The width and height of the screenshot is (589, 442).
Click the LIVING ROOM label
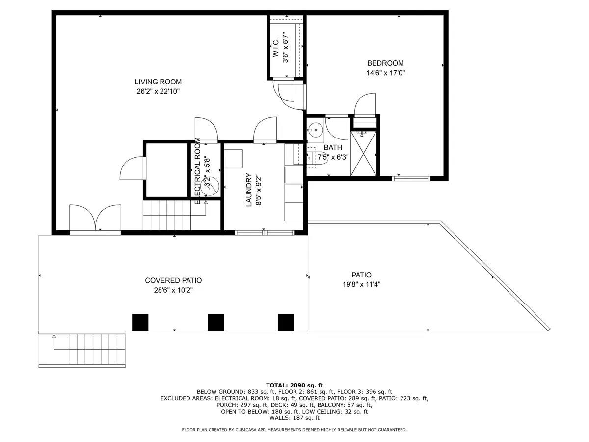(158, 82)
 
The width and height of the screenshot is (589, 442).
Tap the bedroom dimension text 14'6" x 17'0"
(385, 73)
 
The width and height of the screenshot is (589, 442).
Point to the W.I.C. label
(276, 48)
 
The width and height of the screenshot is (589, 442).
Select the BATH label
(333, 147)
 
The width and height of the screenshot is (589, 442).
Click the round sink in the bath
(315, 130)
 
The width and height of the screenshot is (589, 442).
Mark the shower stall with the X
(363, 154)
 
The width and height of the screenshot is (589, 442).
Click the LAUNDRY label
(249, 190)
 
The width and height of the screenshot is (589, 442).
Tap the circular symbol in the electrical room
(210, 186)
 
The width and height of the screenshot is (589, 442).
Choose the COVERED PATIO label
(173, 280)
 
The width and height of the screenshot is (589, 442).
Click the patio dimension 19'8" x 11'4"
(361, 284)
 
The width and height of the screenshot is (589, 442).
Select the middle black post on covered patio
(216, 322)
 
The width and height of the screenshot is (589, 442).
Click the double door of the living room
(95, 219)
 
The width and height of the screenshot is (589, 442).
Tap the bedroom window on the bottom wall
(411, 178)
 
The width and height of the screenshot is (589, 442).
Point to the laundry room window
(265, 233)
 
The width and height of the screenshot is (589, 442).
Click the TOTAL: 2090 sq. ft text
(294, 386)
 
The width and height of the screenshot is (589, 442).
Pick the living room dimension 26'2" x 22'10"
(158, 91)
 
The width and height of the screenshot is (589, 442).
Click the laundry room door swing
(265, 129)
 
